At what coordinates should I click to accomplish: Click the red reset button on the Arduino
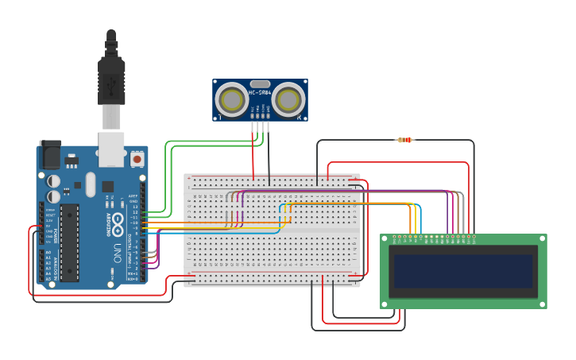coord(137,159)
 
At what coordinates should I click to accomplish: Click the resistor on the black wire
coord(405,140)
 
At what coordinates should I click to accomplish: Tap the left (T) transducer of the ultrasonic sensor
coord(232,100)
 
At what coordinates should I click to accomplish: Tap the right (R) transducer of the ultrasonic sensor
coord(288,100)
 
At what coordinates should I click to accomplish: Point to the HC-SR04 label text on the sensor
coord(260,94)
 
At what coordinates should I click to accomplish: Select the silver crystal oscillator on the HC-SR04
coord(260,83)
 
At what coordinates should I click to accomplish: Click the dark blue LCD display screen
coord(463,271)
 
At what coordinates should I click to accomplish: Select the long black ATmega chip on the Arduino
coord(70,242)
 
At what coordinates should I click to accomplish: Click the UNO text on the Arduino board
coord(116,254)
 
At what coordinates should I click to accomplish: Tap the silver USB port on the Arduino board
coord(111,149)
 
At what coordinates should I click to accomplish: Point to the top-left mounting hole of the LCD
coord(385,238)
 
